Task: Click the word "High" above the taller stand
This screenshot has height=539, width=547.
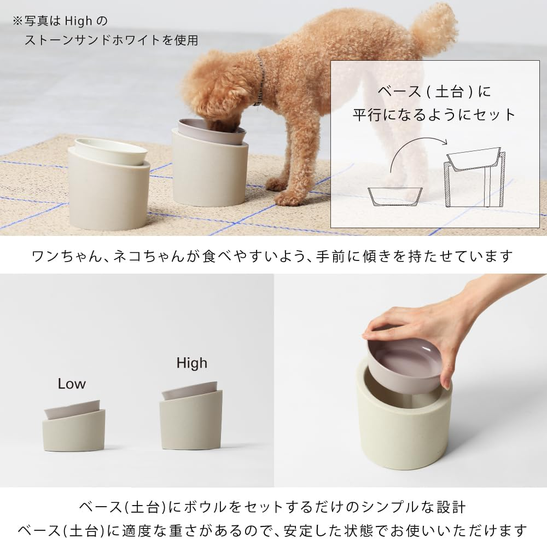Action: pyautogui.click(x=191, y=363)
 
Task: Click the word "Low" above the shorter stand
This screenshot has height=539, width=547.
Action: pyautogui.click(x=72, y=384)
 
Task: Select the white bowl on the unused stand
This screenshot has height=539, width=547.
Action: pyautogui.click(x=110, y=150)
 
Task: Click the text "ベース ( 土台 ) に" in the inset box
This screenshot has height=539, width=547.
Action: pyautogui.click(x=435, y=91)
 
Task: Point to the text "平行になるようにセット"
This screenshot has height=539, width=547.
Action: pyautogui.click(x=435, y=114)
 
